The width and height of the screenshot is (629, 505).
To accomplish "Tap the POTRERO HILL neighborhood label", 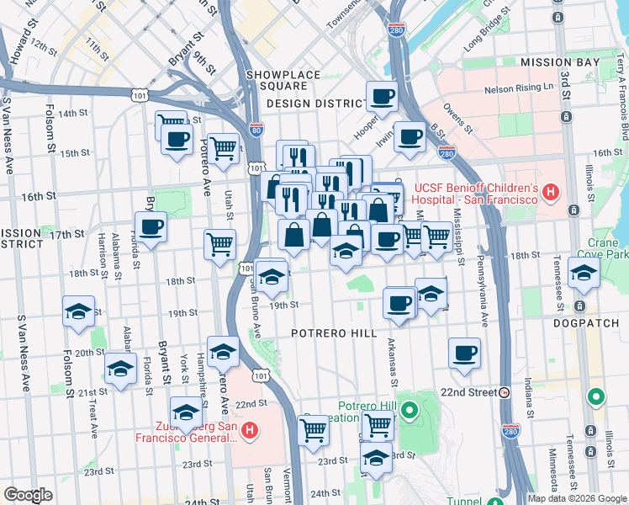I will pyautogui.click(x=334, y=334).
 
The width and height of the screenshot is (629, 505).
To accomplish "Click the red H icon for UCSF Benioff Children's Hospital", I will pyautogui.click(x=551, y=194).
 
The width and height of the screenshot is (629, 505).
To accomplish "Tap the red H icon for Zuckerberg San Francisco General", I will pyautogui.click(x=249, y=432).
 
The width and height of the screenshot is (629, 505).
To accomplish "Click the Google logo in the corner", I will pyautogui.click(x=28, y=495).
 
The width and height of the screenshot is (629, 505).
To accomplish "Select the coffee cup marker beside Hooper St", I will pyautogui.click(x=382, y=97).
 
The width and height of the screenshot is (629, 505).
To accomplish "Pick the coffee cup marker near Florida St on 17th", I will pyautogui.click(x=151, y=227).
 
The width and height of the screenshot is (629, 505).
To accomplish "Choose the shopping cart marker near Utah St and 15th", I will pyautogui.click(x=223, y=149).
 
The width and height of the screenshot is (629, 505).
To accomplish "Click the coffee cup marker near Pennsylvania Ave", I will pyautogui.click(x=463, y=353).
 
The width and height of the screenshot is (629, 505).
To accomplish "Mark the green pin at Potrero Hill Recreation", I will pyautogui.click(x=409, y=411).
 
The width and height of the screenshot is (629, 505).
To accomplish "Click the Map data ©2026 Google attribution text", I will pyautogui.click(x=577, y=498).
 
